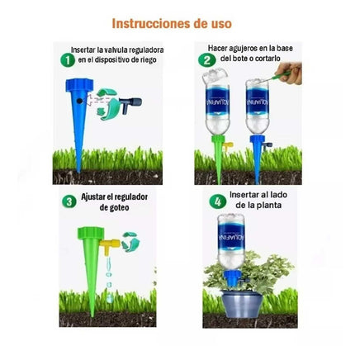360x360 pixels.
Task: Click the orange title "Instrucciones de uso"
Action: pyautogui.click(x=172, y=24)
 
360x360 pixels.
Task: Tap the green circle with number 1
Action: pyautogui.click(x=68, y=60)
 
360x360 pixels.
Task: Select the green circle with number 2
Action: pyautogui.click(x=207, y=60)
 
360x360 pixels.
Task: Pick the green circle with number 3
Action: pyautogui.click(x=69, y=201)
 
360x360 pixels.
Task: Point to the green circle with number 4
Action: pyautogui.click(x=218, y=202)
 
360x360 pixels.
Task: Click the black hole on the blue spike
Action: pyautogui.click(x=79, y=101)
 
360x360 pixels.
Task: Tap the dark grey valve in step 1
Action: pyautogui.click(x=130, y=104)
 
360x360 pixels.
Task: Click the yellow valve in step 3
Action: pyautogui.click(x=110, y=246)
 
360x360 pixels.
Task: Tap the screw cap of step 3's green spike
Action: pyautogui.click(x=91, y=233)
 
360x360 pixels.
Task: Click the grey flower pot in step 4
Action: pyautogui.click(x=242, y=305)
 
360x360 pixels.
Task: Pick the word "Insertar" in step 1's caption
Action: pyautogui.click(x=83, y=50)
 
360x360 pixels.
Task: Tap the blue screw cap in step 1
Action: pyautogui.click(x=79, y=85)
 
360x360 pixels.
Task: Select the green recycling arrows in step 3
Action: pyautogui.click(x=130, y=242)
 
